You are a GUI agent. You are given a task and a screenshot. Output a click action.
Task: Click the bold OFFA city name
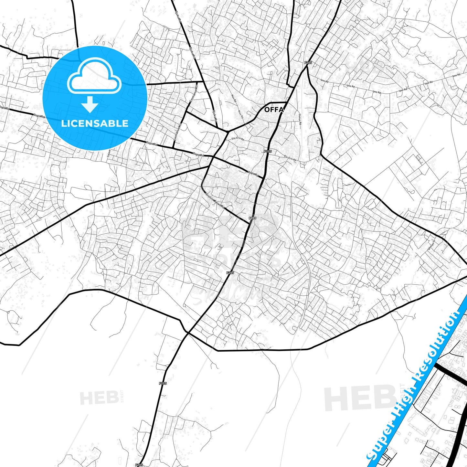(x=274, y=110)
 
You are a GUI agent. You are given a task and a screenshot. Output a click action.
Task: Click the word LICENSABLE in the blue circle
(x=95, y=123)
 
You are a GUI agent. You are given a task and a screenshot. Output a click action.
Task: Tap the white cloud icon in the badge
(x=94, y=76)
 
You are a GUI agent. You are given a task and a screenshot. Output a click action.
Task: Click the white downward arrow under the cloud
(x=90, y=104)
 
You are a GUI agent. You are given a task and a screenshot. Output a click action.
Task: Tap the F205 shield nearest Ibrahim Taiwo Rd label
(x=252, y=218)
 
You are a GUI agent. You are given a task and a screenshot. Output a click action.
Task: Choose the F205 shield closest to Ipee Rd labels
(x=308, y=63)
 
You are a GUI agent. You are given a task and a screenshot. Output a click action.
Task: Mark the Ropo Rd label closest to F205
(x=253, y=174)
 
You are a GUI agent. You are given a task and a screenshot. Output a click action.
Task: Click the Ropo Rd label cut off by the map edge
(x=5, y=108)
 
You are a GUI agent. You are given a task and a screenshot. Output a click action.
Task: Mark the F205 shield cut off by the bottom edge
(x=139, y=465)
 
